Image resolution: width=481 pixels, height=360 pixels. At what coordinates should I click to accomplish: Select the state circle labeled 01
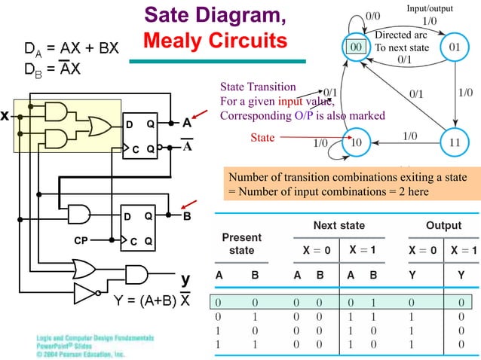point(455,47)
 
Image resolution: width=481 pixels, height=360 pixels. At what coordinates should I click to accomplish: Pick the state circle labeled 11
point(455,141)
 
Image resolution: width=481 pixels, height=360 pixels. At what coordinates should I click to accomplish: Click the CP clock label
point(84,241)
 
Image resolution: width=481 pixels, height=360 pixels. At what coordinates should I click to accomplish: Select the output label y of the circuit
point(185,279)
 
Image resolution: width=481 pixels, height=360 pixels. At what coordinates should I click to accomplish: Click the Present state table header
point(241,243)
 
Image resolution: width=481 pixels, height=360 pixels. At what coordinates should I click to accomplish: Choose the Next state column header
point(339,225)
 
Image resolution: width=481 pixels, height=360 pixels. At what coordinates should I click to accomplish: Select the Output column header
point(444,225)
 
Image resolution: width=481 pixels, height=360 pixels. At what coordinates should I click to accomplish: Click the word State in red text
point(262,138)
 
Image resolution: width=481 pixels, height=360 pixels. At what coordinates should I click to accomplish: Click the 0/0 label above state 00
point(372,15)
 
